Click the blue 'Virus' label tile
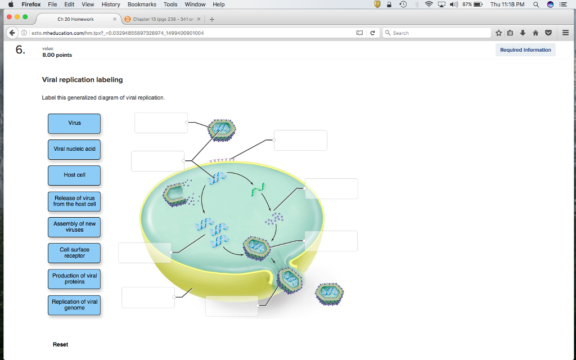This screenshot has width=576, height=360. click(x=74, y=123)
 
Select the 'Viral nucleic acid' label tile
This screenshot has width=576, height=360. click(x=74, y=149)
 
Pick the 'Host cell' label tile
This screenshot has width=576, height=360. click(x=74, y=175)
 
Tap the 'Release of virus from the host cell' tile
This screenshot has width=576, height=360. click(x=74, y=201)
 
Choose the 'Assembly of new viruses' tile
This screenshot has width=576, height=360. click(x=74, y=227)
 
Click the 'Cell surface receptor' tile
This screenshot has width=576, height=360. click(x=74, y=253)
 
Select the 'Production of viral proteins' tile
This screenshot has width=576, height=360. click(x=74, y=278)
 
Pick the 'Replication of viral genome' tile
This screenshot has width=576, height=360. click(x=74, y=304)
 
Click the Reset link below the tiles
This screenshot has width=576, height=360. click(x=60, y=344)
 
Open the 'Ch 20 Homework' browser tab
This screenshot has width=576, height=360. click(x=75, y=19)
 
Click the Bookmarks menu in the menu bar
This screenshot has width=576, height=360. click(x=142, y=4)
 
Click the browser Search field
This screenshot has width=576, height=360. click(x=436, y=33)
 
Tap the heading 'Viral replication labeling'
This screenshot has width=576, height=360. click(x=82, y=80)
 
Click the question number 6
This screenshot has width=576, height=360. click(x=20, y=50)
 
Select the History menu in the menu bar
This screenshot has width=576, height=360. click(x=111, y=4)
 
